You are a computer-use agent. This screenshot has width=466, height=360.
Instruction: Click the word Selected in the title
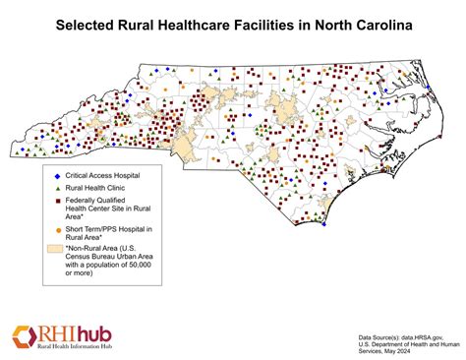tap(84, 22)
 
